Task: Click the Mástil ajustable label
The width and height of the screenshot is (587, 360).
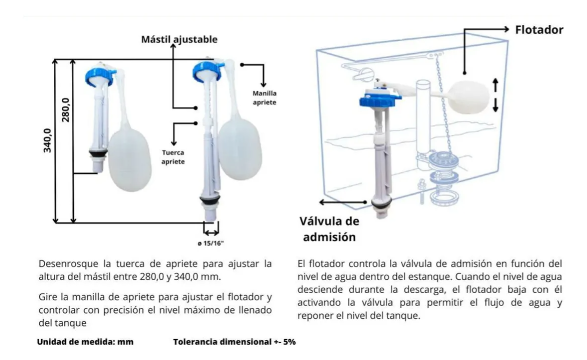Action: coord(179,39)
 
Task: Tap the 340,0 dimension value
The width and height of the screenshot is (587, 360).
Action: coord(48,140)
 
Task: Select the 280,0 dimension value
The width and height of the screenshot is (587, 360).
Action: coord(65,109)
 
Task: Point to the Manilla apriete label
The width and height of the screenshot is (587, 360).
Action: coord(265,98)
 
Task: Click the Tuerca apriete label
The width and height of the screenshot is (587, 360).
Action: coord(173,157)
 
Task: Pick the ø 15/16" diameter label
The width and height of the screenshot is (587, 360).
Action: coord(211,244)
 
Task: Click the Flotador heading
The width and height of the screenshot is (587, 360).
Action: coord(539,30)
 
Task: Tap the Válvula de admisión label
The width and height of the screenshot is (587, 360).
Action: coord(329,229)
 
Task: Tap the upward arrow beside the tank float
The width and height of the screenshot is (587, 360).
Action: coord(495,85)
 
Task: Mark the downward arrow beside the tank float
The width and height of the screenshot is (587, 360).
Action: coord(495,105)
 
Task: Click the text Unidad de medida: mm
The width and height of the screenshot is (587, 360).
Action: coord(85,342)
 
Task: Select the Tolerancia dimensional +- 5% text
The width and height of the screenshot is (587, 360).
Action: coord(234,342)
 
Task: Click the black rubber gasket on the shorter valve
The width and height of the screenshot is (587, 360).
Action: coord(99,153)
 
